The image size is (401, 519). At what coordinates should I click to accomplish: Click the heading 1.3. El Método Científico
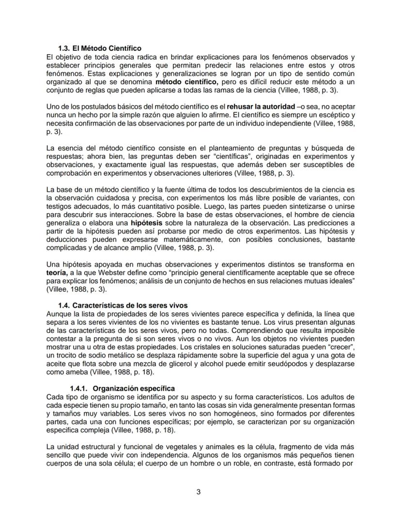[99, 48]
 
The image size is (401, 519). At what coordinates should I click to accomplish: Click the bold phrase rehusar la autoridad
[260, 107]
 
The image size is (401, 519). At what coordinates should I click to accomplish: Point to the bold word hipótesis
[145, 222]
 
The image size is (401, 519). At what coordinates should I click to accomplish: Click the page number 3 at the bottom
[199, 492]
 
